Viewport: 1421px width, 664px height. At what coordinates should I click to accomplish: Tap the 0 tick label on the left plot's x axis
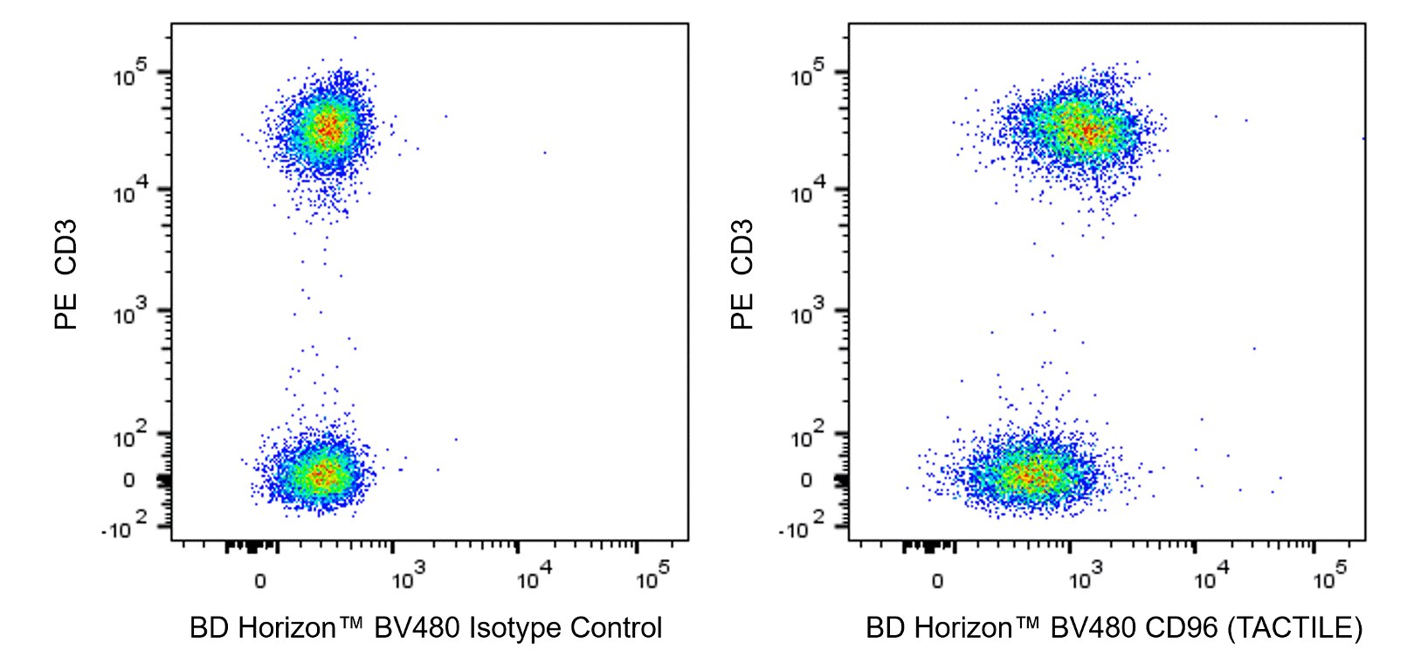259,581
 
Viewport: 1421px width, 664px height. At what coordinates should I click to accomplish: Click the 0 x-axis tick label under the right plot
937,581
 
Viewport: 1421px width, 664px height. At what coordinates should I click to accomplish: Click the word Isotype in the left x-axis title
515,627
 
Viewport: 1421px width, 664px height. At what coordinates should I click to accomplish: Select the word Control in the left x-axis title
617,627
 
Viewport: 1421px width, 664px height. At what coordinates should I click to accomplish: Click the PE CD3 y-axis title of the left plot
66,274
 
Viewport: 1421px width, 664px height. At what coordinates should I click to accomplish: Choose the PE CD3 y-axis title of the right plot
742,274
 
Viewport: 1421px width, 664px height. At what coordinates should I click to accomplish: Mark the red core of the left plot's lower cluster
321,474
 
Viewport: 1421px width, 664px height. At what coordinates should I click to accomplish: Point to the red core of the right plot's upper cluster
1086,132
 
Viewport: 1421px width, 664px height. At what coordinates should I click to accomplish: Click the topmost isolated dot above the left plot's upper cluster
355,38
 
